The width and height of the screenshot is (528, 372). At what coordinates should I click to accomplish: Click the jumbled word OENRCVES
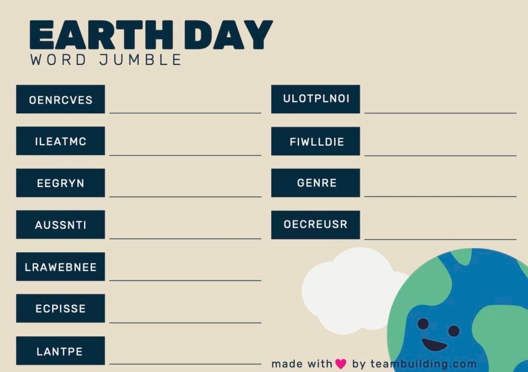pyautogui.click(x=60, y=99)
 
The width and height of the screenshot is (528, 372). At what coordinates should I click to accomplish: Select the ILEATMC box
pyautogui.click(x=60, y=141)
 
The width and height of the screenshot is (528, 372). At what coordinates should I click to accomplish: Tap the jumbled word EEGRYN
pyautogui.click(x=60, y=183)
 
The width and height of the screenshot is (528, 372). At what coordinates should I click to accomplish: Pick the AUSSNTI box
pyautogui.click(x=60, y=225)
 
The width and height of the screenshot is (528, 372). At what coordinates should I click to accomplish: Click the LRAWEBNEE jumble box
pyautogui.click(x=60, y=267)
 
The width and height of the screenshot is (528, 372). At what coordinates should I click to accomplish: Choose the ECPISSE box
pyautogui.click(x=60, y=309)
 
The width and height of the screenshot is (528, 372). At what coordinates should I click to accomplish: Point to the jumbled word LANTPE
pyautogui.click(x=60, y=351)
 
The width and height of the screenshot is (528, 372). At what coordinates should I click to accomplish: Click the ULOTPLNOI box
pyautogui.click(x=316, y=99)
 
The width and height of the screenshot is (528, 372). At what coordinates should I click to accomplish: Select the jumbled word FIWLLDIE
pyautogui.click(x=316, y=141)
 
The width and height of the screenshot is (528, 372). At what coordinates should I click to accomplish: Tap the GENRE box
pyautogui.click(x=316, y=183)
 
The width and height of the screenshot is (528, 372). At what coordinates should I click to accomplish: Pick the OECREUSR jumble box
pyautogui.click(x=316, y=225)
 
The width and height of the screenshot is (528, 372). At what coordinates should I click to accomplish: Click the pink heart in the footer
pyautogui.click(x=341, y=364)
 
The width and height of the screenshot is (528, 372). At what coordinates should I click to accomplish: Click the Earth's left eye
pyautogui.click(x=423, y=324)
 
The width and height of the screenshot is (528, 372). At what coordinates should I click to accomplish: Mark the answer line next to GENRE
pyautogui.click(x=440, y=195)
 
